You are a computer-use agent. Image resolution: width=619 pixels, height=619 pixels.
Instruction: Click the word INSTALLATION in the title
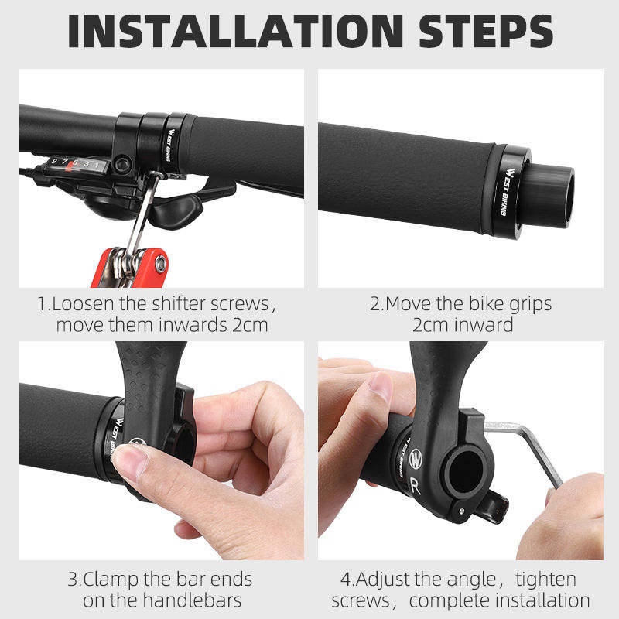pos(236,31)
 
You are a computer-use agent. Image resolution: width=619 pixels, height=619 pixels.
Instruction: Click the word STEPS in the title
pos(486,31)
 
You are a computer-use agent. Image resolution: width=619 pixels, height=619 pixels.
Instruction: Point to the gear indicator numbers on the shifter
pos(76,162)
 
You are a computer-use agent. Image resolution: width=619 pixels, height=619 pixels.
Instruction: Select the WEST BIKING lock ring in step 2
pos(508,192)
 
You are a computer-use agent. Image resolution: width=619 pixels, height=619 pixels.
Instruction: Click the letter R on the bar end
pos(415,486)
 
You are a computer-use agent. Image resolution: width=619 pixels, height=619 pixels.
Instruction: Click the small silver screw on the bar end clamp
pos(461,511)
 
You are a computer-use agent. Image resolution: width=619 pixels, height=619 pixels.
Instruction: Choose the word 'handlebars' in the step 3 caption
pos(192,600)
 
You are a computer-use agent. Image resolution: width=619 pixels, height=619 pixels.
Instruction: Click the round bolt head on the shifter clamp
pos(123,164)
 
